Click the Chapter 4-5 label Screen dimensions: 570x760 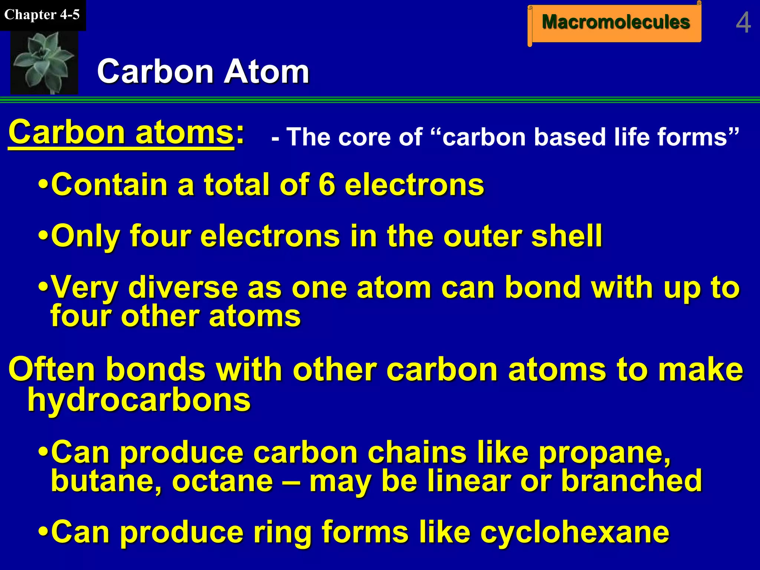(42, 15)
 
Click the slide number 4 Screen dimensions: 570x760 (743, 23)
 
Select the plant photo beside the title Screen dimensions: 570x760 (44, 62)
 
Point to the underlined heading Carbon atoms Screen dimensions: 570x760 (121, 133)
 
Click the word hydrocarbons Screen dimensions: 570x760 (139, 400)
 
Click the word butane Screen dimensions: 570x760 (106, 481)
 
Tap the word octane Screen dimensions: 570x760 (223, 481)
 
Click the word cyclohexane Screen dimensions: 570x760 (574, 532)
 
